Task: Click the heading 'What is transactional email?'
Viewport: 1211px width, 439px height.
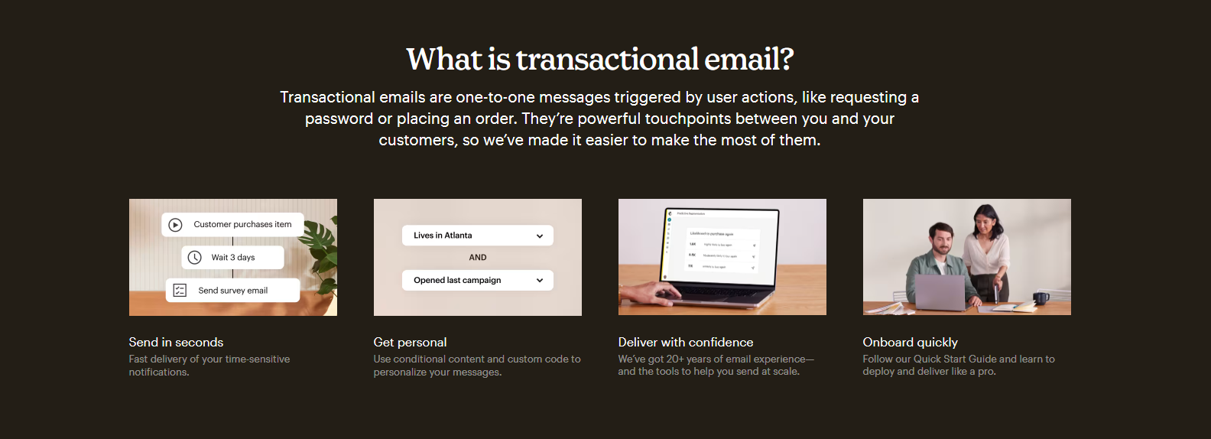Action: (x=600, y=60)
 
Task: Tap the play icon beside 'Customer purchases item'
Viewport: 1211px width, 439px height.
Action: (x=175, y=225)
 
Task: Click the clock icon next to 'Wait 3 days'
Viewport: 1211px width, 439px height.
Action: (x=195, y=258)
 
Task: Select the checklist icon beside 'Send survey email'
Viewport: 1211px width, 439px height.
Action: (x=180, y=291)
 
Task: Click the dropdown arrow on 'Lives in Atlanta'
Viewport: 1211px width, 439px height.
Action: (x=540, y=236)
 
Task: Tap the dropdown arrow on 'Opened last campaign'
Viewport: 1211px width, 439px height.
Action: (x=540, y=281)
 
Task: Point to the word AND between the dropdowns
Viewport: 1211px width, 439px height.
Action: (x=478, y=258)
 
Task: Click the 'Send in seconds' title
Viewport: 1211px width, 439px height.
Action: (x=176, y=343)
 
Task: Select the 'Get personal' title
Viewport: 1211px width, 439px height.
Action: (x=410, y=343)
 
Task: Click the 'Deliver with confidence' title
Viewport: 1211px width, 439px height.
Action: (x=686, y=343)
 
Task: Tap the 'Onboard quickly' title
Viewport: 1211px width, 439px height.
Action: (x=910, y=343)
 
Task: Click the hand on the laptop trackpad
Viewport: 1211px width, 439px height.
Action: (x=650, y=293)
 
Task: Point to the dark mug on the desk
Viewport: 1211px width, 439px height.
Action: (x=1041, y=298)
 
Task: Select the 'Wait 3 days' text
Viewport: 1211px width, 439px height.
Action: (x=233, y=258)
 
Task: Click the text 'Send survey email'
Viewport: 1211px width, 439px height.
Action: (x=233, y=291)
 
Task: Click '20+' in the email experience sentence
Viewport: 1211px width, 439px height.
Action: (x=675, y=359)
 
